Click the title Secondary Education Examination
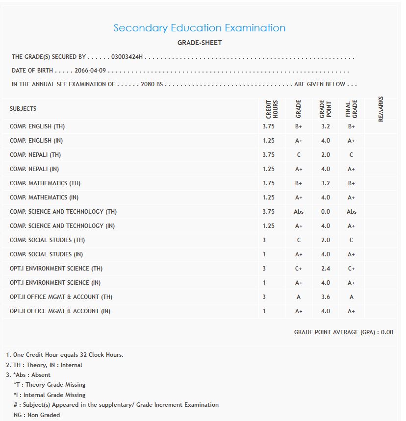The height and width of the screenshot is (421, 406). tap(199, 28)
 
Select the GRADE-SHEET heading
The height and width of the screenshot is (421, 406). tap(200, 43)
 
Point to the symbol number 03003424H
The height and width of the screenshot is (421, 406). tap(127, 57)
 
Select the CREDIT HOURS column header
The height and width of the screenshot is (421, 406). tap(272, 109)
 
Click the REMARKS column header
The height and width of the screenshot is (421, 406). tap(381, 109)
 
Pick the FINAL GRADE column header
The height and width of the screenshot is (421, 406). tap(351, 109)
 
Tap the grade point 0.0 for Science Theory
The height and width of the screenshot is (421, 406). tap(325, 212)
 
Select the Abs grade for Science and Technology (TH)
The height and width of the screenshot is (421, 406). tap(299, 212)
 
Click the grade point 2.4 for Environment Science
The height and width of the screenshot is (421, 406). tap(325, 269)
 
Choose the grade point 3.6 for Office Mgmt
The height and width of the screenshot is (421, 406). tap(325, 297)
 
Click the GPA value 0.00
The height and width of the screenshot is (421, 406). tap(387, 332)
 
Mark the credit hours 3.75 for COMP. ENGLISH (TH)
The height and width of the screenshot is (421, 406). tap(268, 126)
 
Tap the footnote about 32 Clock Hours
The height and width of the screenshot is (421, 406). tap(65, 355)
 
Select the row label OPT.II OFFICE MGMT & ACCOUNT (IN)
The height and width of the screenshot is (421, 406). tap(60, 311)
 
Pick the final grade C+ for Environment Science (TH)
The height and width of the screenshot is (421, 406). tap(351, 269)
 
